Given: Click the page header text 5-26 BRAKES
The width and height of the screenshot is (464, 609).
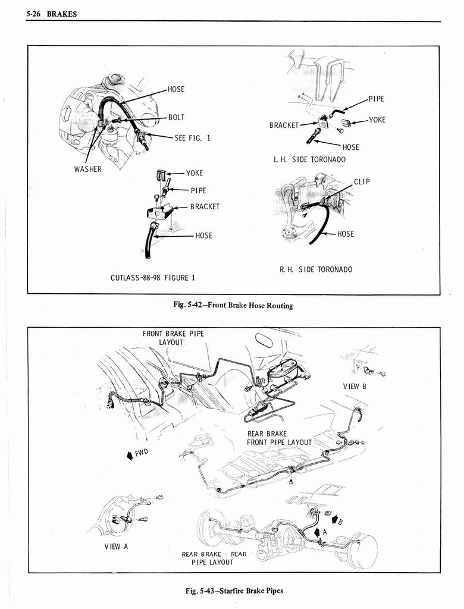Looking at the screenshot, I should point(52,14).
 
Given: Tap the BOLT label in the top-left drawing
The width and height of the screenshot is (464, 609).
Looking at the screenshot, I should point(176,118).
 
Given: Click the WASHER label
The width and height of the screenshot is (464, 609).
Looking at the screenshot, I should point(87,169).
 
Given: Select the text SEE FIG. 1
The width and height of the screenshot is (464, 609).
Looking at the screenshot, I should point(192,138).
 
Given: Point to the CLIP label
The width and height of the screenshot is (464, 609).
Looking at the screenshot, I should point(362,182).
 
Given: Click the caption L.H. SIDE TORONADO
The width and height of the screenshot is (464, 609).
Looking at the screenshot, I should point(309,159).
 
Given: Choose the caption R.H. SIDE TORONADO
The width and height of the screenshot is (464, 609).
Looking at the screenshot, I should point(315,269).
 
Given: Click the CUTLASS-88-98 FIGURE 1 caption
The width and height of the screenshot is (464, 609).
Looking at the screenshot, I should point(152,278).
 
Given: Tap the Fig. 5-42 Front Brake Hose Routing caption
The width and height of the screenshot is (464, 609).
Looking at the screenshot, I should point(233,306).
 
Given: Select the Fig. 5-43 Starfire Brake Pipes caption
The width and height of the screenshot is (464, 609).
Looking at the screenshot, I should point(234,591).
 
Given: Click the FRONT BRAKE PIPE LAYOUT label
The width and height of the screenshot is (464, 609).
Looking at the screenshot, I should point(173,338).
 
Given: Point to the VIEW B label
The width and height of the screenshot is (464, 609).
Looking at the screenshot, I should point(355,386).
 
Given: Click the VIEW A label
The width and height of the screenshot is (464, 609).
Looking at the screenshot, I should point(117,547).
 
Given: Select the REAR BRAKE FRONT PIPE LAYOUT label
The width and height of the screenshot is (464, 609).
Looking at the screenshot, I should point(279,438).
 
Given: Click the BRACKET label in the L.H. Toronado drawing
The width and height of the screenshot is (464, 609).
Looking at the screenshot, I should point(283,125).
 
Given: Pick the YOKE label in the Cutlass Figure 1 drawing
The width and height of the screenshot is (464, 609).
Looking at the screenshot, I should point(194,173).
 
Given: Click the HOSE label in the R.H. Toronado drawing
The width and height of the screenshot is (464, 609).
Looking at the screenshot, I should point(345,234).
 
